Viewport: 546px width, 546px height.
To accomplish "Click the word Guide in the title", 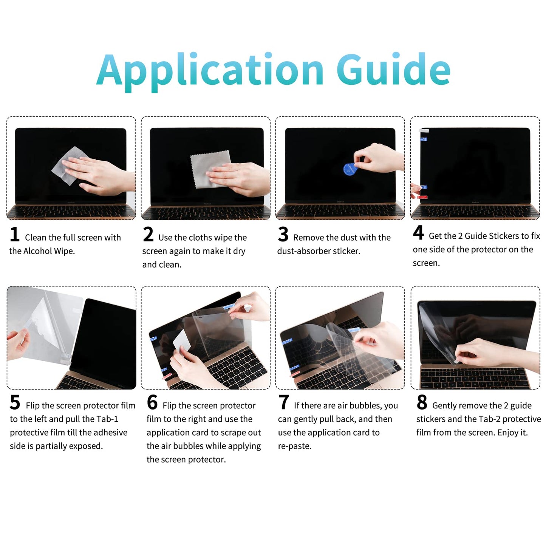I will (x=393, y=70).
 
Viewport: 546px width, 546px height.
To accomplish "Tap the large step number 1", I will (x=15, y=234).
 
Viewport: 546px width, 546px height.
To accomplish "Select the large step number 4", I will (x=418, y=233).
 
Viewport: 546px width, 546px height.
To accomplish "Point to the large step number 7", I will (x=284, y=402).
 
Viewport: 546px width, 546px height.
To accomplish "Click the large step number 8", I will (x=422, y=402).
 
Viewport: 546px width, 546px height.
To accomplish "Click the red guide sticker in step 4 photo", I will (x=423, y=197).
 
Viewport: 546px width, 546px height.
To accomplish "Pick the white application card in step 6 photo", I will (x=181, y=340).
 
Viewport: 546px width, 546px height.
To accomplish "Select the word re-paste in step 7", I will (x=295, y=446).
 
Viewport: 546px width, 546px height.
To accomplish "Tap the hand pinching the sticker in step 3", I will (x=378, y=159).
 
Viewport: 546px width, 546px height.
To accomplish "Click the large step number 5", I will (x=15, y=402).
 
